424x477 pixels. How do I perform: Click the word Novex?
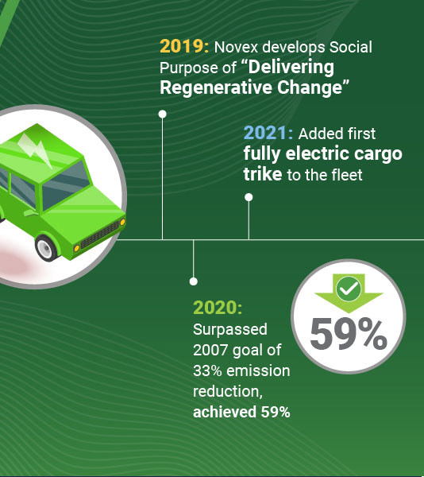pos(236,47)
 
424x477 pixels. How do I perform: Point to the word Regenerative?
pos(216,87)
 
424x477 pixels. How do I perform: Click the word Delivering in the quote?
pos(291,67)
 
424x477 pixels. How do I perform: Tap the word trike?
pos(263,174)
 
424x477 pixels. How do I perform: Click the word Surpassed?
pos(230,329)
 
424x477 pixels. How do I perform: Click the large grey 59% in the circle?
pos(349,334)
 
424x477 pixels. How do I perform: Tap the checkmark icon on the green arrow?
pos(349,289)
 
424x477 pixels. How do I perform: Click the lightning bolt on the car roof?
pos(36,149)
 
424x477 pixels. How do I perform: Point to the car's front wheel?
pos(46,247)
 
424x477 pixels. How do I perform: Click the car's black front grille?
pos(99,235)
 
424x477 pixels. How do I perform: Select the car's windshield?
pos(65,184)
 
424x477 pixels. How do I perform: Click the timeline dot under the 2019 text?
pos(163,114)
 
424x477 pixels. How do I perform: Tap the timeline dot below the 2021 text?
pos(249,197)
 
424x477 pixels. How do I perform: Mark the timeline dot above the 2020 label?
pos(194,281)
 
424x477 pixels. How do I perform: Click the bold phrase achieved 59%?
pos(241,412)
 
